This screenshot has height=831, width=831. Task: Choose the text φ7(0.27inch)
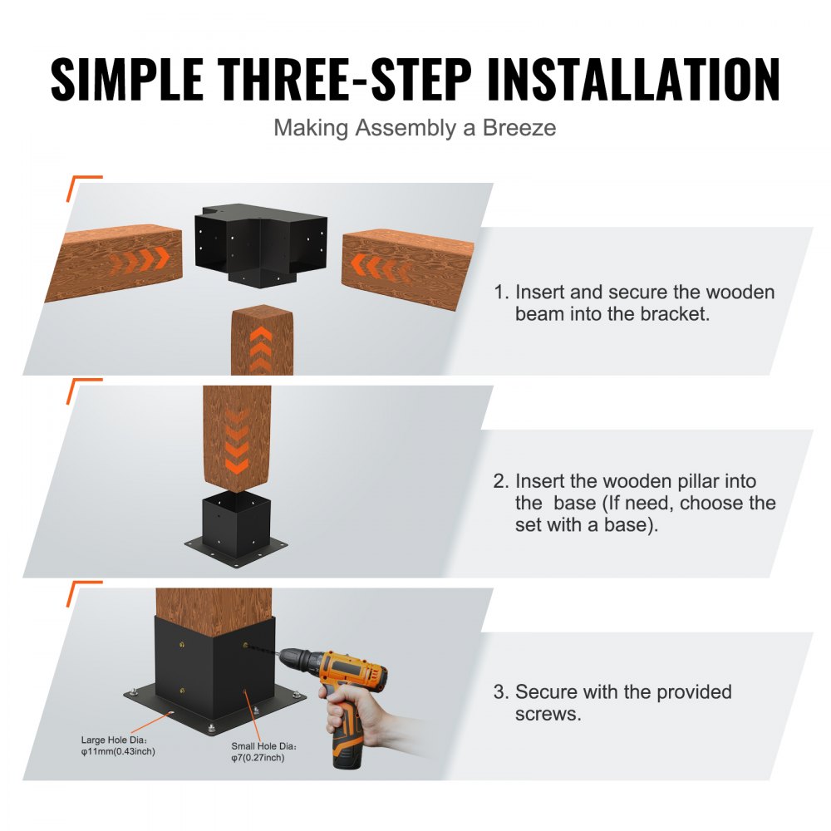point(258,758)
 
